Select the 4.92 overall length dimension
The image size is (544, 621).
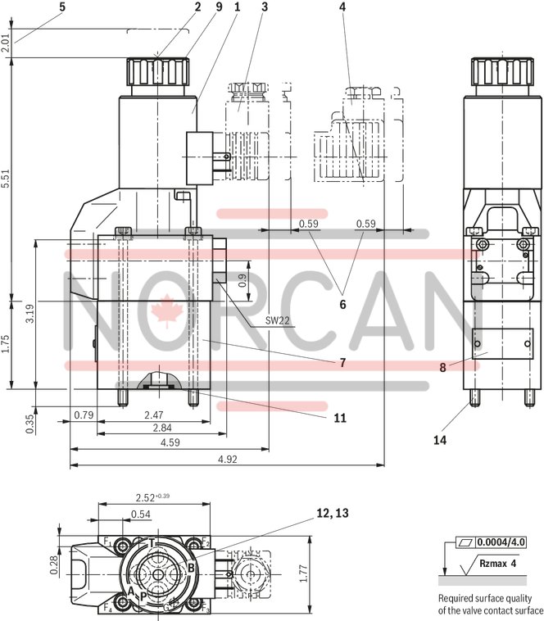[x=227, y=460]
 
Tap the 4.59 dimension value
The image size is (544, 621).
[x=170, y=443]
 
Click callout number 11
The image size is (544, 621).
[x=339, y=418]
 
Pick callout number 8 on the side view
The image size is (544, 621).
[x=442, y=368]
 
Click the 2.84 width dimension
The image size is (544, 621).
[x=161, y=428]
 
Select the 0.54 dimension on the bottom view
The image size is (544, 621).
[x=141, y=514]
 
